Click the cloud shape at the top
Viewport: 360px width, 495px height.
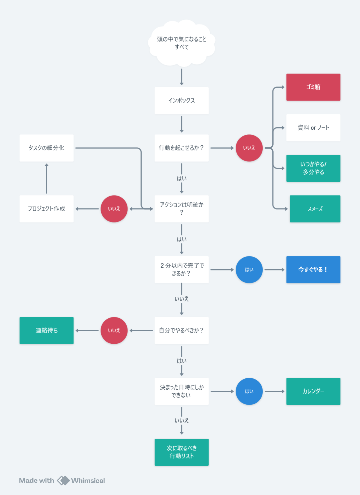pyautogui.click(x=182, y=43)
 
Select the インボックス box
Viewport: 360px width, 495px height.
pyautogui.click(x=182, y=101)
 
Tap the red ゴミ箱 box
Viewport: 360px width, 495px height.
pyautogui.click(x=313, y=87)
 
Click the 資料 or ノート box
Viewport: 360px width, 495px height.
pyautogui.click(x=313, y=128)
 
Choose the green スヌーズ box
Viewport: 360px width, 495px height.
pyautogui.click(x=315, y=209)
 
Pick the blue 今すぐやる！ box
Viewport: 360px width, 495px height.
pyautogui.click(x=313, y=270)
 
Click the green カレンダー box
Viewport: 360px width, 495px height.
pyautogui.click(x=313, y=391)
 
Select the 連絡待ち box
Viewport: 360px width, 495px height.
pyautogui.click(x=46, y=330)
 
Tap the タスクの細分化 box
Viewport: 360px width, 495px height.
pyautogui.click(x=46, y=148)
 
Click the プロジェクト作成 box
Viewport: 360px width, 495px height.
pyautogui.click(x=46, y=209)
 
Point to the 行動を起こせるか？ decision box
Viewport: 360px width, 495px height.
pyautogui.click(x=182, y=148)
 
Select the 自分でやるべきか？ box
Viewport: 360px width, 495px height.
pyautogui.click(x=182, y=330)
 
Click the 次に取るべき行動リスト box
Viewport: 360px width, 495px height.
pyautogui.click(x=182, y=452)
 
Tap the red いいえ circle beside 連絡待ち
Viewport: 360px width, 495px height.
pyautogui.click(x=114, y=330)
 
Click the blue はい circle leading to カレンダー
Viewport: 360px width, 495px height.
pyautogui.click(x=249, y=391)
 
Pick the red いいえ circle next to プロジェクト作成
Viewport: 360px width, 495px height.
pyautogui.click(x=114, y=209)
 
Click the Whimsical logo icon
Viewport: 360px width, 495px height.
pyautogui.click(x=63, y=480)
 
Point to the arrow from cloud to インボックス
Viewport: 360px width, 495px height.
pyautogui.click(x=182, y=77)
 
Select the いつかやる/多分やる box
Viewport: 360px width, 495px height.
pyautogui.click(x=313, y=168)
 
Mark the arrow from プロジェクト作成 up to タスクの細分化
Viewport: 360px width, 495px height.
pyautogui.click(x=46, y=178)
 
